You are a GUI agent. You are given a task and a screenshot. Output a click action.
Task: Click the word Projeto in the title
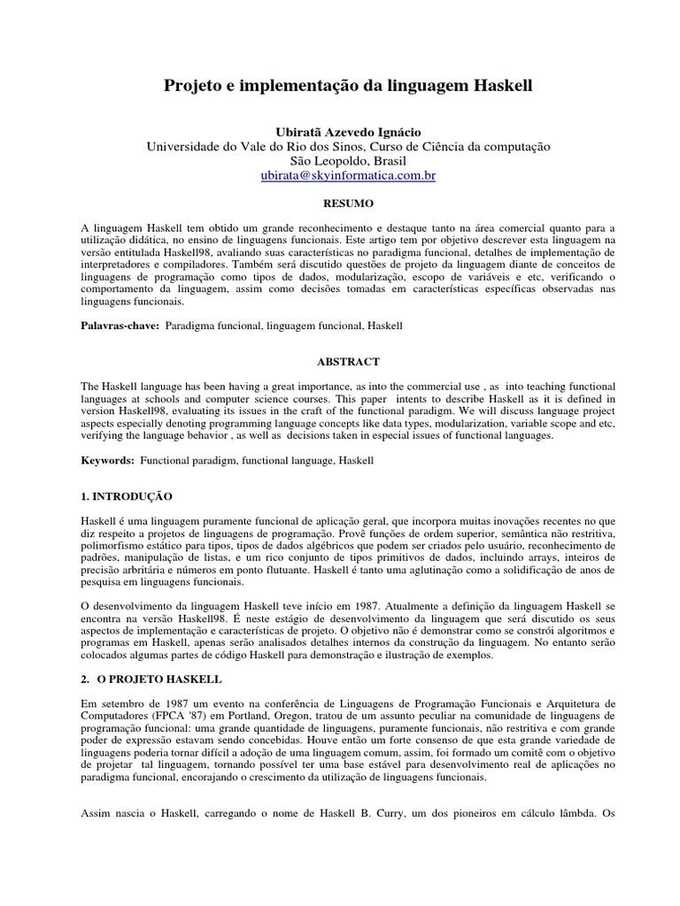point(192,87)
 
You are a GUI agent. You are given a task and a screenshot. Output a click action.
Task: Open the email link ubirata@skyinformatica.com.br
point(348,176)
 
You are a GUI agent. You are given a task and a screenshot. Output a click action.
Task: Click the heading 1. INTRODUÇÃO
point(127,496)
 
